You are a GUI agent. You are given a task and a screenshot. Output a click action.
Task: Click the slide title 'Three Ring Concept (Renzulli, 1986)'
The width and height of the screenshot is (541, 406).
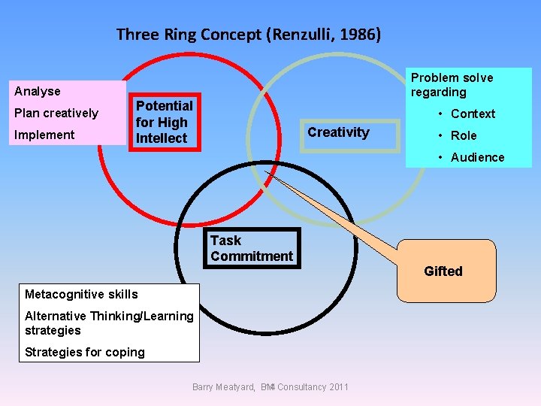(249, 35)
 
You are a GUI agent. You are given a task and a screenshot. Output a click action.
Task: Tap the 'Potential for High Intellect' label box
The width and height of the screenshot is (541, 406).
(164, 122)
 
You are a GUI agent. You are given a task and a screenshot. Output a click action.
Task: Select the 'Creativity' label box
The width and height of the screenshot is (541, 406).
(339, 133)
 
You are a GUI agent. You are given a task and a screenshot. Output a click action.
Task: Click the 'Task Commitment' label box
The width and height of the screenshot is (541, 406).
(252, 248)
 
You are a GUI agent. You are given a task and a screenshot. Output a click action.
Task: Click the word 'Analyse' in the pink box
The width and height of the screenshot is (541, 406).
(38, 92)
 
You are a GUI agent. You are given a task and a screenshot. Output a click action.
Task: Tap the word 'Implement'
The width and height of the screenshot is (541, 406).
(50, 135)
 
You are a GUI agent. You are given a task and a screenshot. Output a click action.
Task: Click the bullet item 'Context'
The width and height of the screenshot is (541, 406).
(473, 114)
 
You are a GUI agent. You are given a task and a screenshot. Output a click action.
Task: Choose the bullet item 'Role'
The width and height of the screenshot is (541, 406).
(464, 136)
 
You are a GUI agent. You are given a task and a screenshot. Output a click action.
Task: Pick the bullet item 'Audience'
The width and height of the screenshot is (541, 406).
(477, 158)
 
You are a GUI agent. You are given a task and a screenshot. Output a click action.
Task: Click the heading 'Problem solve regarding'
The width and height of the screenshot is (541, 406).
(452, 85)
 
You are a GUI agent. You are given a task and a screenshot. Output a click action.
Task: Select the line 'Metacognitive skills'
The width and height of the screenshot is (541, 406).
(81, 294)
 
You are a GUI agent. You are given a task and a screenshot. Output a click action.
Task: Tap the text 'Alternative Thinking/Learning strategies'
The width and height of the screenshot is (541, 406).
(109, 323)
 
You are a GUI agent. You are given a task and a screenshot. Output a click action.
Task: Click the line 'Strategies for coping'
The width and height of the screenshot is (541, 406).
(85, 353)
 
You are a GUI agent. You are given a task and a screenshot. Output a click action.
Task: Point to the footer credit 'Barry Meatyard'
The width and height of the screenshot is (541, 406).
(224, 387)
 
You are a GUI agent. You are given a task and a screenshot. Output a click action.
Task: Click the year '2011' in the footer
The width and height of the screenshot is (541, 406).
(339, 387)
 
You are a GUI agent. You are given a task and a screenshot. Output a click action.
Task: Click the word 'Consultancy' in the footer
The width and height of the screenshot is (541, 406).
(301, 387)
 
